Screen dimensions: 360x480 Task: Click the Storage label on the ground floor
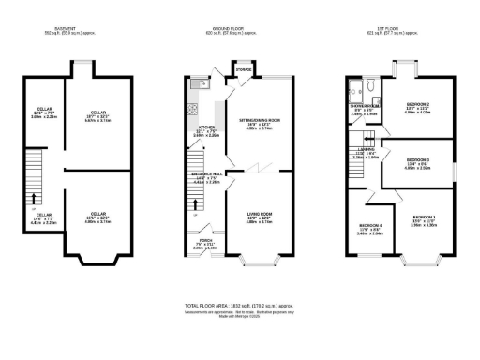pyautogui.click(x=244, y=68)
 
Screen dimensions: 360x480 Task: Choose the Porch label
pyautogui.click(x=204, y=239)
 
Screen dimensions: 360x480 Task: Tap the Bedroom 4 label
pyautogui.click(x=370, y=226)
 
